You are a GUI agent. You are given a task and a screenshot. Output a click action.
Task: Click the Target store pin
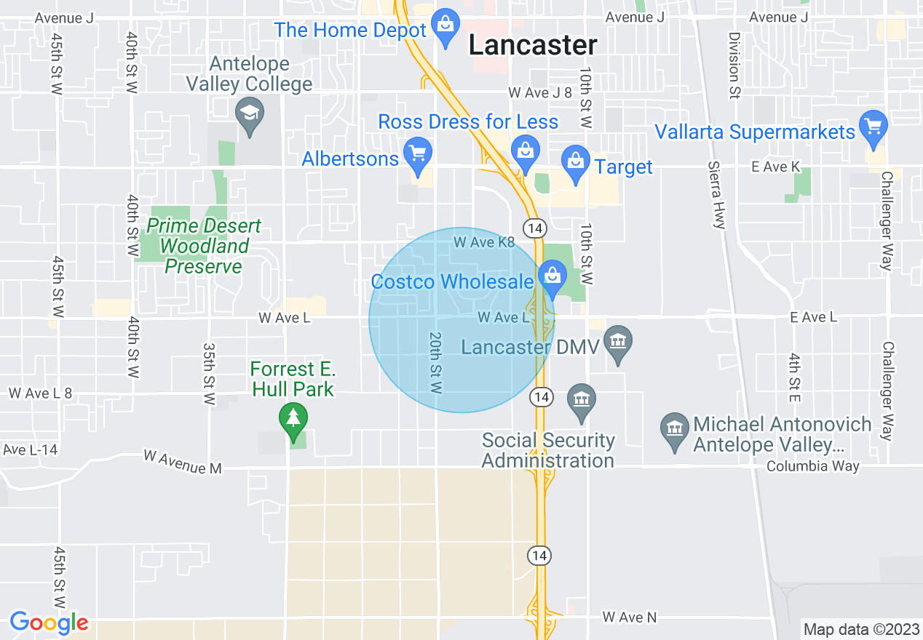(576, 161)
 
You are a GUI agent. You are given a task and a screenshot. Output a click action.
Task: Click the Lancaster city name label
(533, 45)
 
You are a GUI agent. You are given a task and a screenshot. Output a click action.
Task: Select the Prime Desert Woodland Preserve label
(203, 247)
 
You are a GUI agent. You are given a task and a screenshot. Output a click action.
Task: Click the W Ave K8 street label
(484, 242)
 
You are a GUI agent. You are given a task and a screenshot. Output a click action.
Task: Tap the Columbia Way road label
(812, 466)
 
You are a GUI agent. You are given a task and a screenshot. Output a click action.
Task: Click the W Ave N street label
(630, 617)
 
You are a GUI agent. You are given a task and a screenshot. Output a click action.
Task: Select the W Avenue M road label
(183, 462)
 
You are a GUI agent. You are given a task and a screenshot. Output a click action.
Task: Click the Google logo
(49, 623)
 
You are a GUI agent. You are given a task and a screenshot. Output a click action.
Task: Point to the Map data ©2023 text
(860, 629)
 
